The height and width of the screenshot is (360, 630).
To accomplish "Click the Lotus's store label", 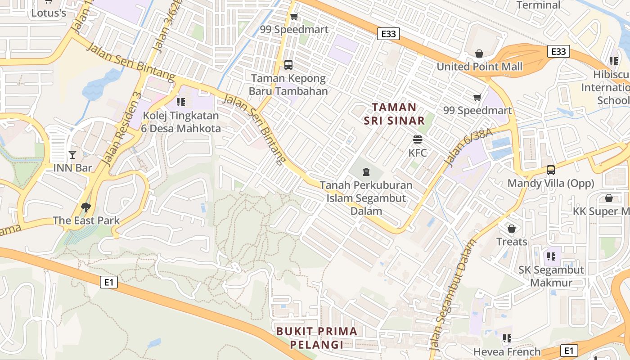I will point(49,13).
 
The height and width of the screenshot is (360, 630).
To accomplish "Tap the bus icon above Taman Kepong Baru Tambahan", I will point(288,65).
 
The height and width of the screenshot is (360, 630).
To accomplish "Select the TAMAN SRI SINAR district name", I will point(394,114).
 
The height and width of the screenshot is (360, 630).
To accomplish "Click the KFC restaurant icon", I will point(418,139).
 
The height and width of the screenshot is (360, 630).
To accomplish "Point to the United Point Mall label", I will point(480,67).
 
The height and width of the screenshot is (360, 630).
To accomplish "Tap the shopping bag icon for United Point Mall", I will point(479,54).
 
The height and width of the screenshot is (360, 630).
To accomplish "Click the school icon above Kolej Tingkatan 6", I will point(181,102).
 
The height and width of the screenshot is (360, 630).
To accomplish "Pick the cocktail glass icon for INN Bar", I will point(72,155).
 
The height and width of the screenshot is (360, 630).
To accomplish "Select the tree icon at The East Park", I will point(86,207).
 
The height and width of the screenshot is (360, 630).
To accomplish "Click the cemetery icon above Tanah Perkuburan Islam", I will point(366,171).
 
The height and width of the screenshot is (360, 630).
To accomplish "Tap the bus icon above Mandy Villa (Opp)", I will point(551,170).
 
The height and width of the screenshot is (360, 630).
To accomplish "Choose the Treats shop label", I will point(512,242).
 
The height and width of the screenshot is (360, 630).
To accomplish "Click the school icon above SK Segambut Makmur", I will point(551,256).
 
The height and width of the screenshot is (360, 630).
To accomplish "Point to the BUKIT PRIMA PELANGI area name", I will point(317,338).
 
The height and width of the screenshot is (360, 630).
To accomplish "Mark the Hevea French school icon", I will point(507,338).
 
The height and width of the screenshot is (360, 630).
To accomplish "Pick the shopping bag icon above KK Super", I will point(609,198).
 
